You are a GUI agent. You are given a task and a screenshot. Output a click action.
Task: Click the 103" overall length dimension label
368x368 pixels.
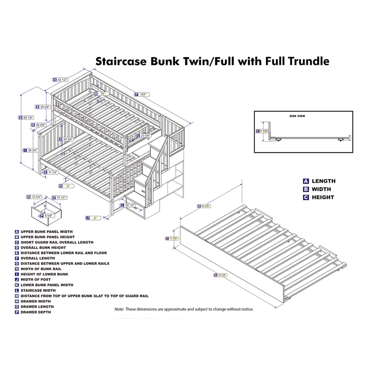[x=143, y=94]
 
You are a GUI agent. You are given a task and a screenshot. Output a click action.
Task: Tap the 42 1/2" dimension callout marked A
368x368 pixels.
[x=62, y=79]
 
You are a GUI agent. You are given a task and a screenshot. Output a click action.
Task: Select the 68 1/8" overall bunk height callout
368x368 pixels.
[x=29, y=117]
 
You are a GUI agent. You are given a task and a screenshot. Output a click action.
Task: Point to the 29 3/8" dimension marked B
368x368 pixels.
[x=45, y=107]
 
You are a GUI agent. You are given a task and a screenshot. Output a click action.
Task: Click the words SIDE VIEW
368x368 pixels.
[x=297, y=116]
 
